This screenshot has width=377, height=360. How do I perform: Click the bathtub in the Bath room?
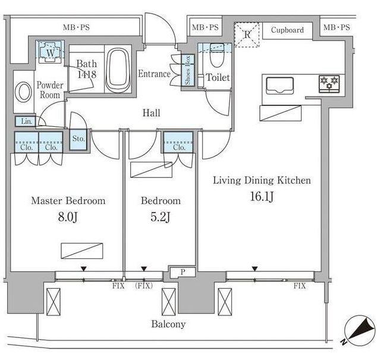(x=118, y=70)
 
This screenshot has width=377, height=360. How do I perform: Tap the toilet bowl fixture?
(x=217, y=55)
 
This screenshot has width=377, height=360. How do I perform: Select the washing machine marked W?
(x=51, y=52)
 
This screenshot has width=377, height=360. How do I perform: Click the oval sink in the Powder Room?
(x=23, y=92)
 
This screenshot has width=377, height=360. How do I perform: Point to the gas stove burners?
(x=329, y=84)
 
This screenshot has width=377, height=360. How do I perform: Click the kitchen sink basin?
(x=280, y=86)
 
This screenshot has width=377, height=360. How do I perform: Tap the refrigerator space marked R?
(x=247, y=35)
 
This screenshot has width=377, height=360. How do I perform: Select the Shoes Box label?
(x=187, y=70)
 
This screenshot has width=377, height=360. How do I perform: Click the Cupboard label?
(x=287, y=30)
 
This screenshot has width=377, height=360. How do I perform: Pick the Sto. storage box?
(x=78, y=140)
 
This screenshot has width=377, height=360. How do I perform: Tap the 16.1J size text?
(x=262, y=196)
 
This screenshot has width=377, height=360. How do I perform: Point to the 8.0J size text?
(x=68, y=217)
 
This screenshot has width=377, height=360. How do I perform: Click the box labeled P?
(x=183, y=272)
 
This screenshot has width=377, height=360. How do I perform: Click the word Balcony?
(x=168, y=324)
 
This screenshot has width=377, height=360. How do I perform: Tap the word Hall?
(x=151, y=112)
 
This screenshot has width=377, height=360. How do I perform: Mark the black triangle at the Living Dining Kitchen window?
(x=255, y=269)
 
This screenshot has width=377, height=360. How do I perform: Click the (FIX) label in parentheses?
(x=144, y=286)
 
